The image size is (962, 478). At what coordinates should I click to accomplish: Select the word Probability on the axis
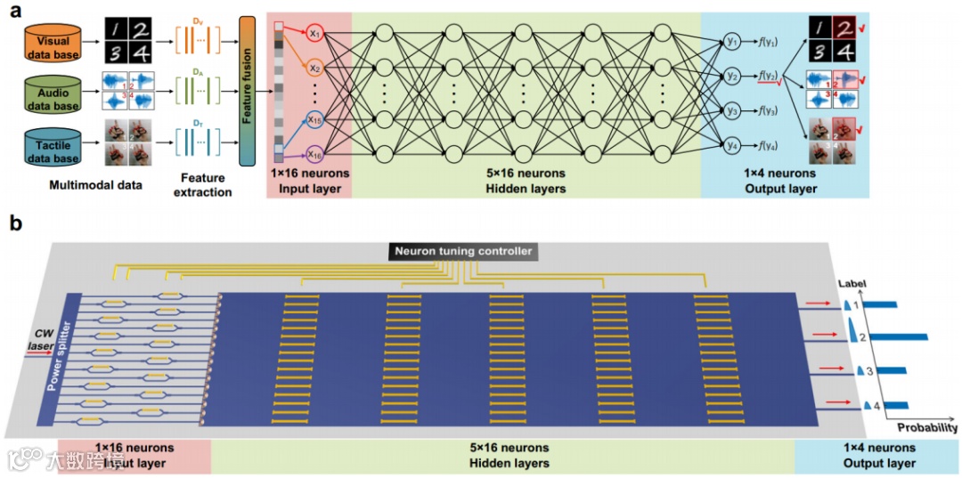926,427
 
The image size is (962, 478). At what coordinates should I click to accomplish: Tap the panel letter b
15,223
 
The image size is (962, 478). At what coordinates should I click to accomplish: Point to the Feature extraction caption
207,184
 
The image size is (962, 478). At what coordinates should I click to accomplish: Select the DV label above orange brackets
198,20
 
